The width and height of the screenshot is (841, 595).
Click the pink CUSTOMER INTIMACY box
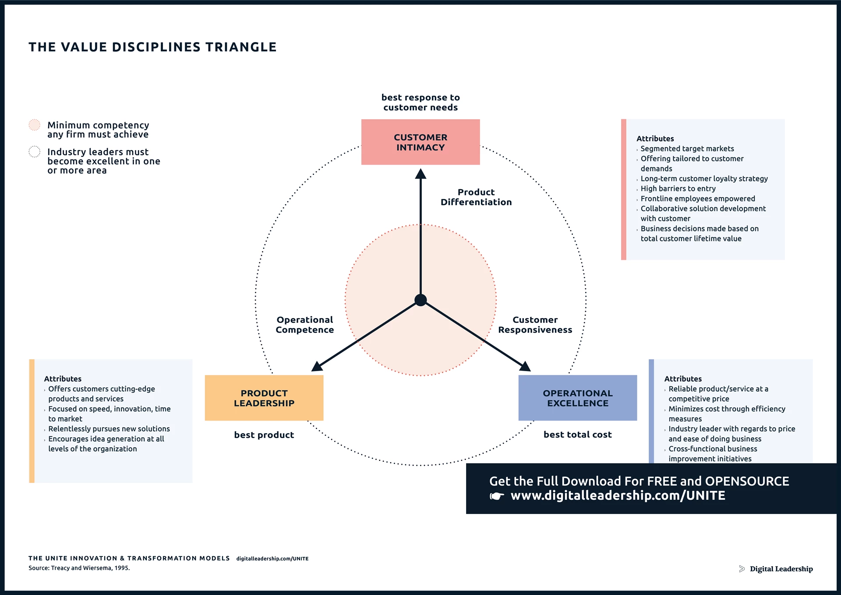pos(420,142)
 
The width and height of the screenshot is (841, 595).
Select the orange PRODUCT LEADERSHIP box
pos(264,398)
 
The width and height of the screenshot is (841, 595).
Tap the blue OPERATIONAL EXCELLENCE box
pos(577,398)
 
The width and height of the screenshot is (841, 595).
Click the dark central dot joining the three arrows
pos(420,300)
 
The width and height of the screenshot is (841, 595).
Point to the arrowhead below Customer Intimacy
pos(420,174)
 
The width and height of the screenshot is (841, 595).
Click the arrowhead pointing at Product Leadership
pos(317,366)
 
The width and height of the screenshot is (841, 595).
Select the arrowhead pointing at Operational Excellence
pos(525,366)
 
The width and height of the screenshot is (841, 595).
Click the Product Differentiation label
pos(476,197)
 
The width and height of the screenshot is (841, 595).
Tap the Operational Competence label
pos(305,325)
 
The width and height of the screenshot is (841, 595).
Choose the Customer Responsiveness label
pos(535,325)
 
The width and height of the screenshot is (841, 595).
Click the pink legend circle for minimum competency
pos(34,125)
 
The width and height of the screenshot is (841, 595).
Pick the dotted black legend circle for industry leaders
pos(34,152)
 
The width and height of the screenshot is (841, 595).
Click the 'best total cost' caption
pos(577,434)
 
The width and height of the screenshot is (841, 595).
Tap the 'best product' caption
pos(264,435)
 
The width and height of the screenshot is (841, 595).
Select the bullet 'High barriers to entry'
pos(678,188)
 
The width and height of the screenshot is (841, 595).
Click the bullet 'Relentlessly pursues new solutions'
pos(109,429)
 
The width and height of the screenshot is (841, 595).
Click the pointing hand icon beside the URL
pos(497,496)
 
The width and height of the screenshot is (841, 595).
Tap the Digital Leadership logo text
pos(781,569)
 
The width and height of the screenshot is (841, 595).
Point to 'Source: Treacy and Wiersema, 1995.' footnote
pos(79,568)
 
